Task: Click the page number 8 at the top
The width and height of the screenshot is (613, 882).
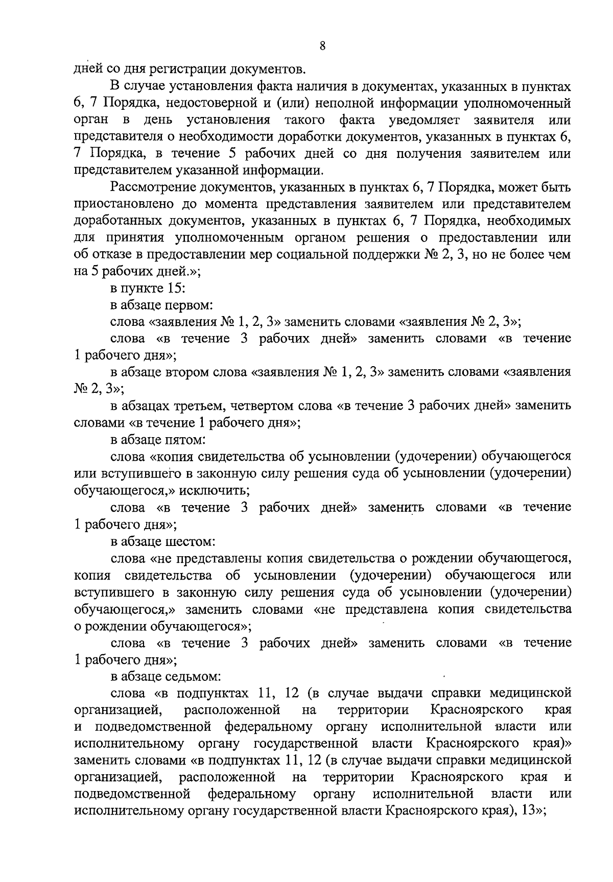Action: tap(322, 46)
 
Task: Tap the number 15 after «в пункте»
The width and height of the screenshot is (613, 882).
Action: tap(171, 289)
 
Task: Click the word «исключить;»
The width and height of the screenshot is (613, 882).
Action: tap(218, 491)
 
